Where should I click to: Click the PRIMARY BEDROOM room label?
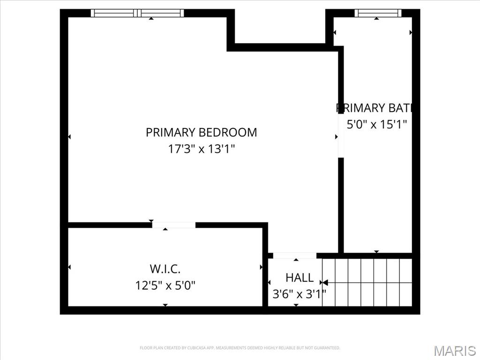(201, 132)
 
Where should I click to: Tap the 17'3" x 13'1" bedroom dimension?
(201, 149)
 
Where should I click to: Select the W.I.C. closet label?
(165, 269)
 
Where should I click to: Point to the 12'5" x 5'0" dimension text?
(165, 285)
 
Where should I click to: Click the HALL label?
(300, 278)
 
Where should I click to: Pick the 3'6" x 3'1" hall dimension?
(299, 294)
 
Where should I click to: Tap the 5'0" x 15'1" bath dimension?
(376, 124)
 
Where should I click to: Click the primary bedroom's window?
(137, 13)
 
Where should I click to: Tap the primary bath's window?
(378, 13)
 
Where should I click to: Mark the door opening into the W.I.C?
(173, 225)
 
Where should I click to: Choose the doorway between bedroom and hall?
(295, 255)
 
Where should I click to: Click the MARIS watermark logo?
(455, 351)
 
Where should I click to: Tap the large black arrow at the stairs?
(324, 283)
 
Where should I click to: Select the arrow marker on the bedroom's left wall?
(69, 137)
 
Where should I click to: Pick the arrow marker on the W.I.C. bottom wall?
(165, 305)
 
